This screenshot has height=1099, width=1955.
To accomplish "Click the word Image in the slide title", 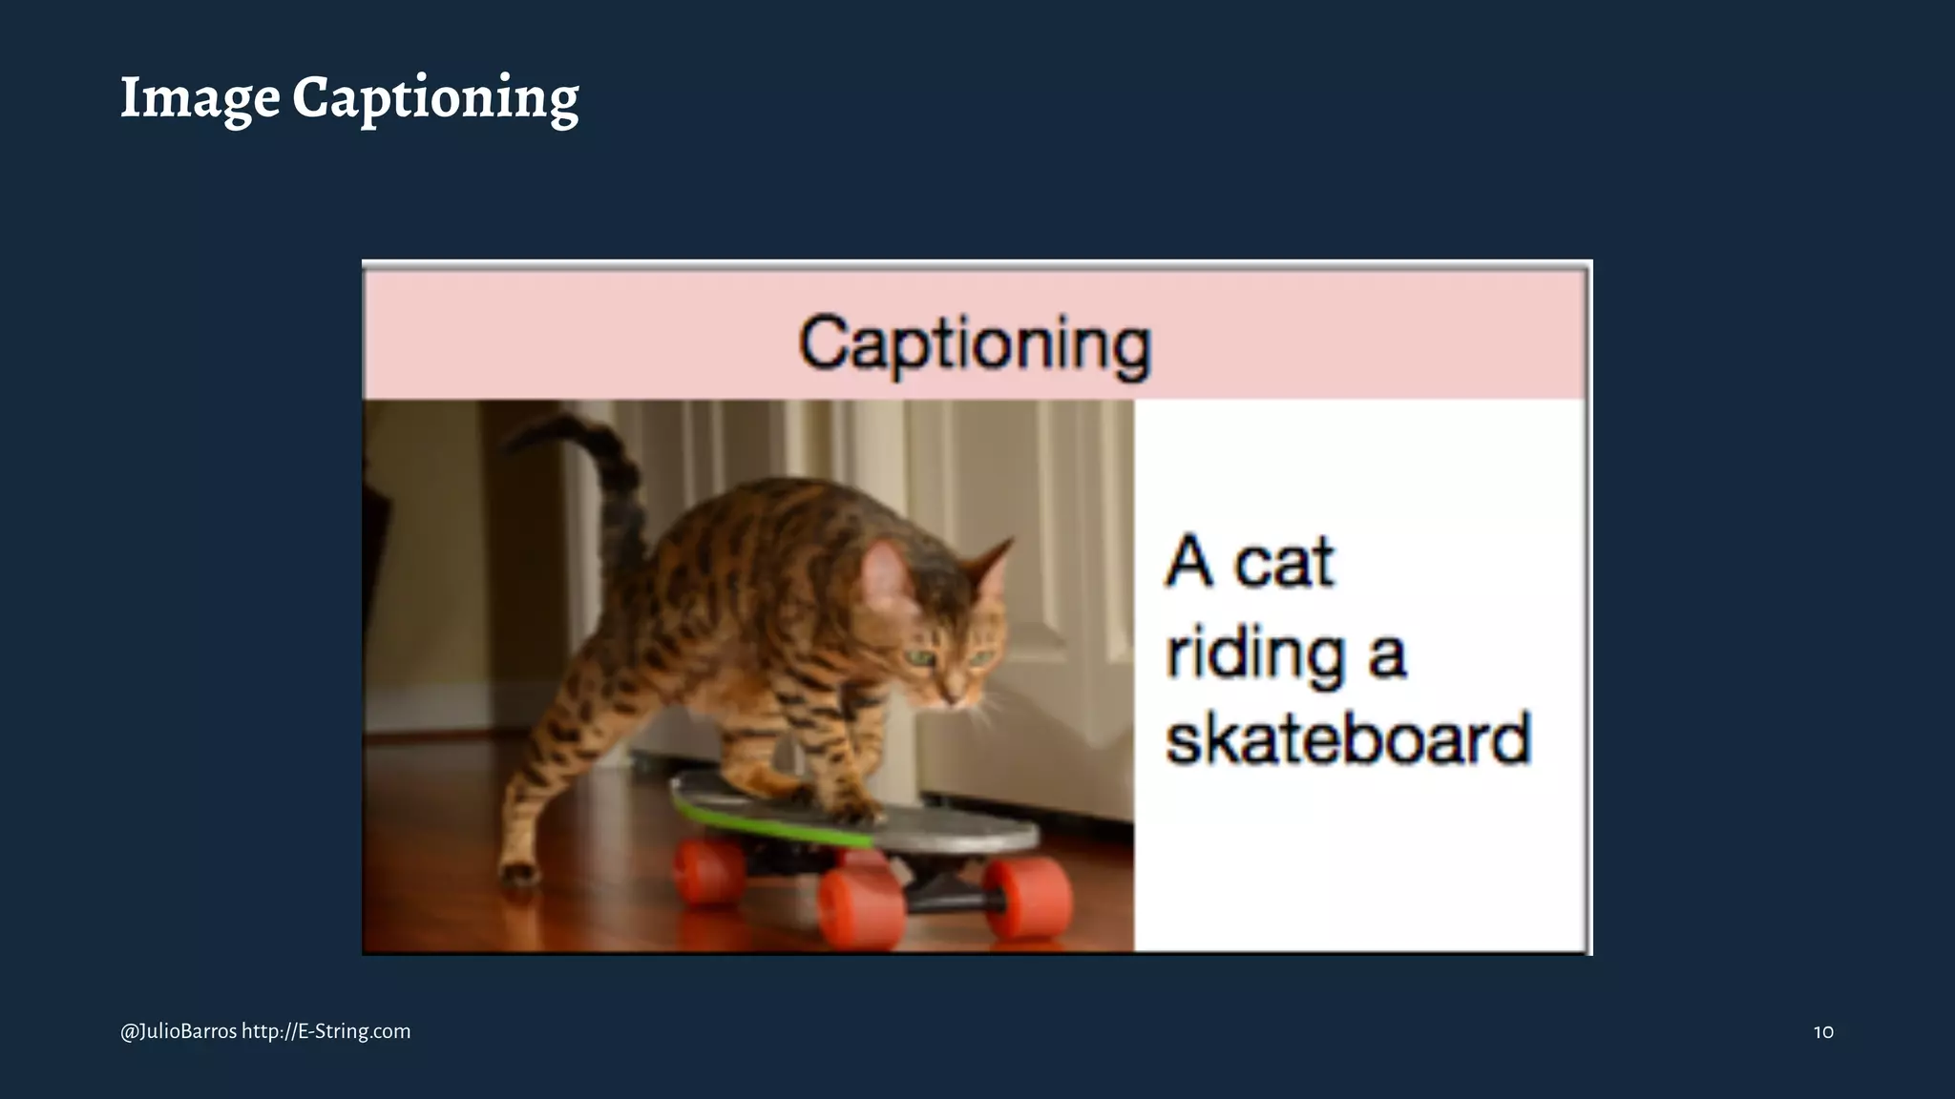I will [x=200, y=98].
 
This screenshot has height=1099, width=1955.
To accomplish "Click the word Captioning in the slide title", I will [x=435, y=98].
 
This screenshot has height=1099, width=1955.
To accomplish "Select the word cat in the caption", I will [x=1284, y=562].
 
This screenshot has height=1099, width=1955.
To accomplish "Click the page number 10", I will [x=1822, y=1031].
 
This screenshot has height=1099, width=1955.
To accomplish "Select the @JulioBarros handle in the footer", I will [x=179, y=1031].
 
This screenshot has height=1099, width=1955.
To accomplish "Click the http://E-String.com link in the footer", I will [x=326, y=1031].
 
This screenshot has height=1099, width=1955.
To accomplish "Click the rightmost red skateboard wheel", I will [x=1027, y=896].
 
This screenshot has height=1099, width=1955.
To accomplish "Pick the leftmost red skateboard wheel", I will [x=708, y=871].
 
